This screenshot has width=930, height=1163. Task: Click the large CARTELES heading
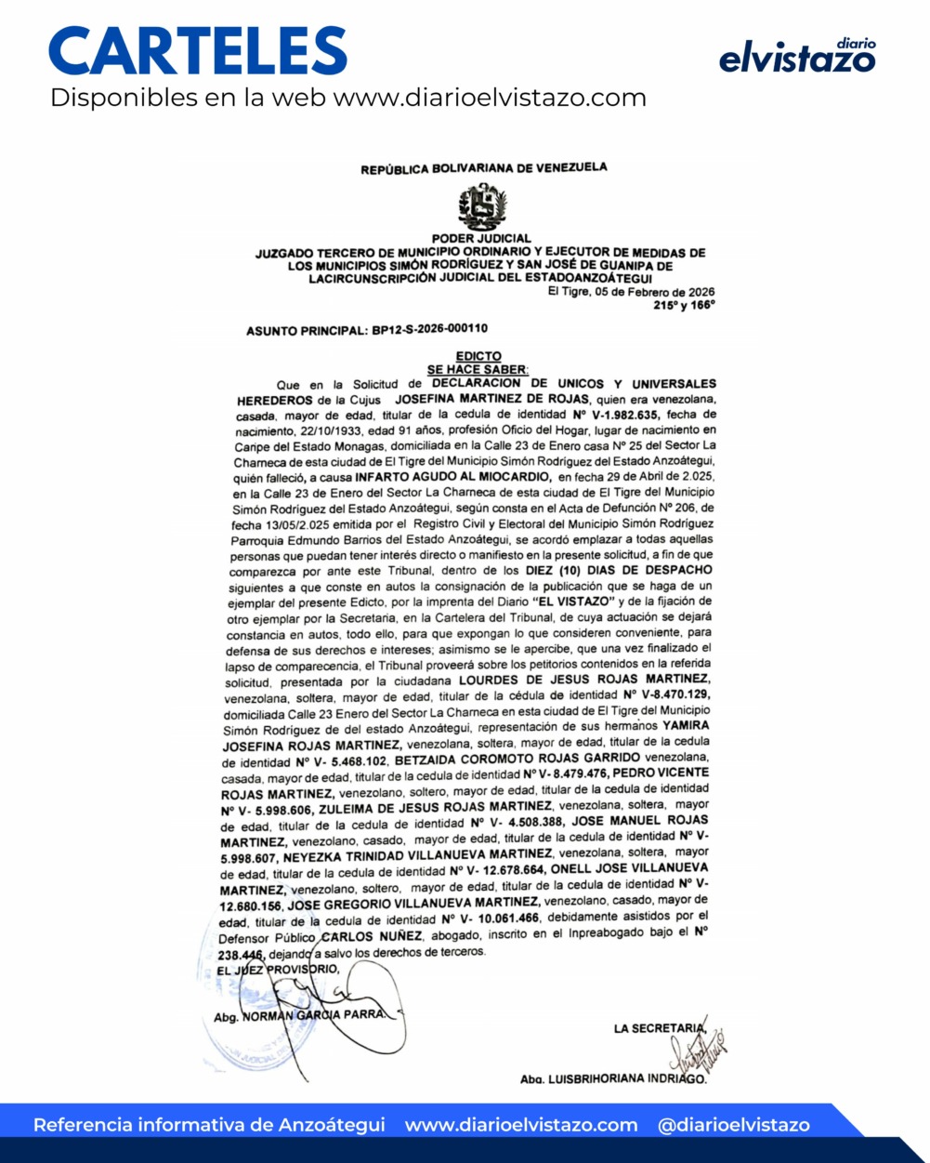click(x=198, y=51)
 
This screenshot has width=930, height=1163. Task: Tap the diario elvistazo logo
click(x=797, y=57)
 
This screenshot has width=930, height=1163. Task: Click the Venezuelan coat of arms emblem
click(x=482, y=206)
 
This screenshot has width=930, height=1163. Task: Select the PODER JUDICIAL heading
click(x=481, y=239)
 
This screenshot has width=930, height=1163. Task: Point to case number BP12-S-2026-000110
click(x=429, y=329)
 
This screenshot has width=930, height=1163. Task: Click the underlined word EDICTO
click(x=478, y=356)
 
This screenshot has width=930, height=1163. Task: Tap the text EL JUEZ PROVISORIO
click(x=278, y=971)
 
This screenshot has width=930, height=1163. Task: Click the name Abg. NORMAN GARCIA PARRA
click(x=299, y=1015)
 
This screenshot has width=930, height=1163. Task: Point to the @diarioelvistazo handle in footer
click(x=733, y=1125)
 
